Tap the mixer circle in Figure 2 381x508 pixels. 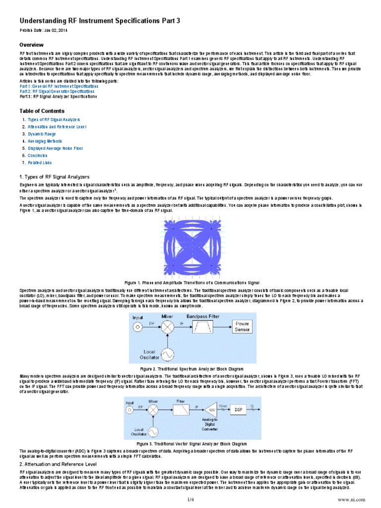(169, 326)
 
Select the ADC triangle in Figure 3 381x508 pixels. (210, 410)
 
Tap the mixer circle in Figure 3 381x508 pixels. (154, 410)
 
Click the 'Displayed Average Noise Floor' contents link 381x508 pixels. (56, 148)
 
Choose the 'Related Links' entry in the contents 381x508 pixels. (40, 162)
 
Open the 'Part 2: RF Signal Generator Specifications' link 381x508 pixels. (57, 91)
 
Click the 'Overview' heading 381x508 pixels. (32, 45)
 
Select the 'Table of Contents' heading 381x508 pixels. (42, 111)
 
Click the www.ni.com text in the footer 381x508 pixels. (351, 499)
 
